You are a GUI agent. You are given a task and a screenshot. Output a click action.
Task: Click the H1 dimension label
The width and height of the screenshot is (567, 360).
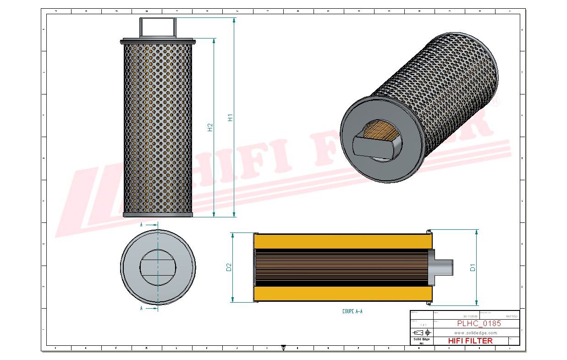coord(231,117)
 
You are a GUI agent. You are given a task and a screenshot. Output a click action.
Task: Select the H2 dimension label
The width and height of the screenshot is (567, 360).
coord(210,127)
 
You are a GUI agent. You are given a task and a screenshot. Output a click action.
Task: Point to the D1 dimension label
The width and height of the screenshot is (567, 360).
coord(473,267)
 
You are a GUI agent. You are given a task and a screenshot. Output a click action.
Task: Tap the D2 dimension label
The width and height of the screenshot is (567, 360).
coord(229,267)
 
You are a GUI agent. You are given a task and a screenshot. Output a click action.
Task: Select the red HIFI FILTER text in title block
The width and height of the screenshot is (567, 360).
coord(470,341)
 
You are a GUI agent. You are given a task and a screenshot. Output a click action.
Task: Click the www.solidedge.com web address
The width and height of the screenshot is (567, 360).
coord(475,332)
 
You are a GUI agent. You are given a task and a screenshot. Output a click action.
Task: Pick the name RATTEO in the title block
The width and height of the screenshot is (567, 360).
coord(511,316)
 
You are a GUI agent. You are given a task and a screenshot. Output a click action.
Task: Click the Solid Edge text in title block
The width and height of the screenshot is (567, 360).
coord(421,339)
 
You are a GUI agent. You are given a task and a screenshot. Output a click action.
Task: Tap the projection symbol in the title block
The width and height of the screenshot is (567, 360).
coord(421,332)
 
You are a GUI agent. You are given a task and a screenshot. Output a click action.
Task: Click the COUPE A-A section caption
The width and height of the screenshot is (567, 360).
coord(352,311)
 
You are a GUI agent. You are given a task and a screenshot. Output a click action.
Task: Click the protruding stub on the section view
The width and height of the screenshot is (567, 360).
coord(443,267)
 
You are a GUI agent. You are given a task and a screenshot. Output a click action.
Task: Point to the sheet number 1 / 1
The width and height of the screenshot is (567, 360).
coord(421,324)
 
